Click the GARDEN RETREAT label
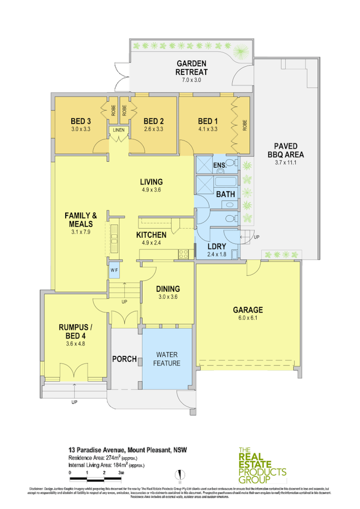click(x=191, y=67)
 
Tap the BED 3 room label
click(x=80, y=121)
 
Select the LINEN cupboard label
click(x=118, y=130)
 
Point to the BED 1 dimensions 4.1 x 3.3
click(x=207, y=129)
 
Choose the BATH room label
click(x=225, y=194)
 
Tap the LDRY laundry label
click(x=217, y=246)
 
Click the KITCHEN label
click(x=151, y=235)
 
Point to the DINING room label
click(x=169, y=289)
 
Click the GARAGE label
click(x=248, y=309)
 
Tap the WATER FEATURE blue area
click(x=167, y=359)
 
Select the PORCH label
click(x=124, y=359)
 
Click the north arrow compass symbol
click(x=179, y=475)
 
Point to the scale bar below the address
click(x=96, y=479)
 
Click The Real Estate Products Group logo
click(x=262, y=465)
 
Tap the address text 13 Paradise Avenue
click(x=97, y=450)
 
